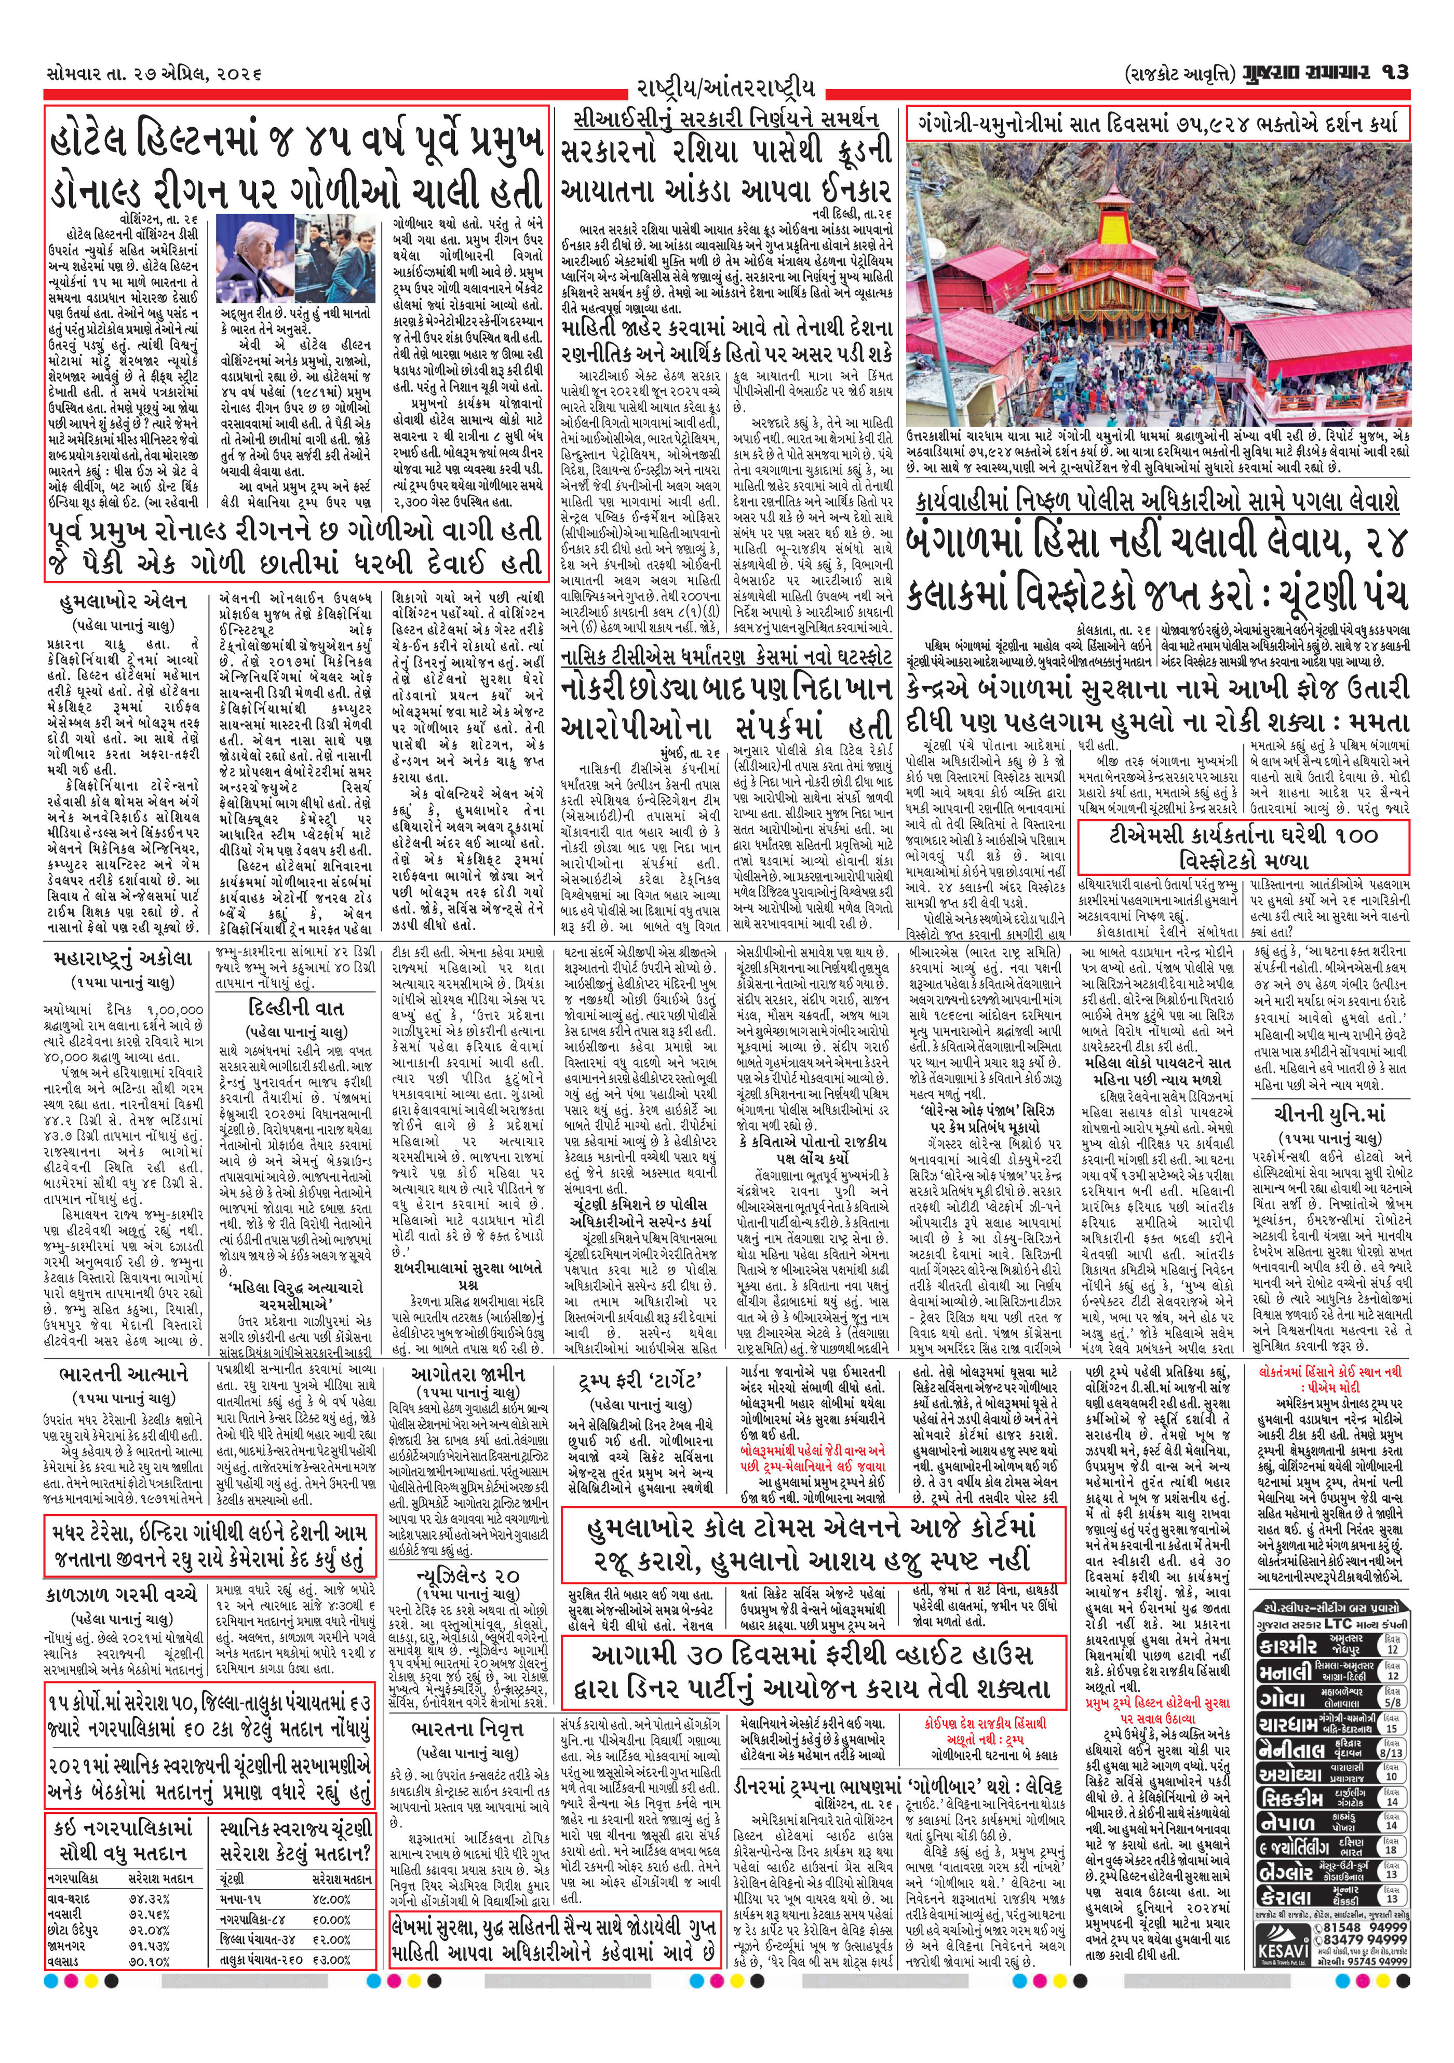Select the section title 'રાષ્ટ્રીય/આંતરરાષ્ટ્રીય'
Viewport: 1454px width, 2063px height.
coord(726,88)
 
